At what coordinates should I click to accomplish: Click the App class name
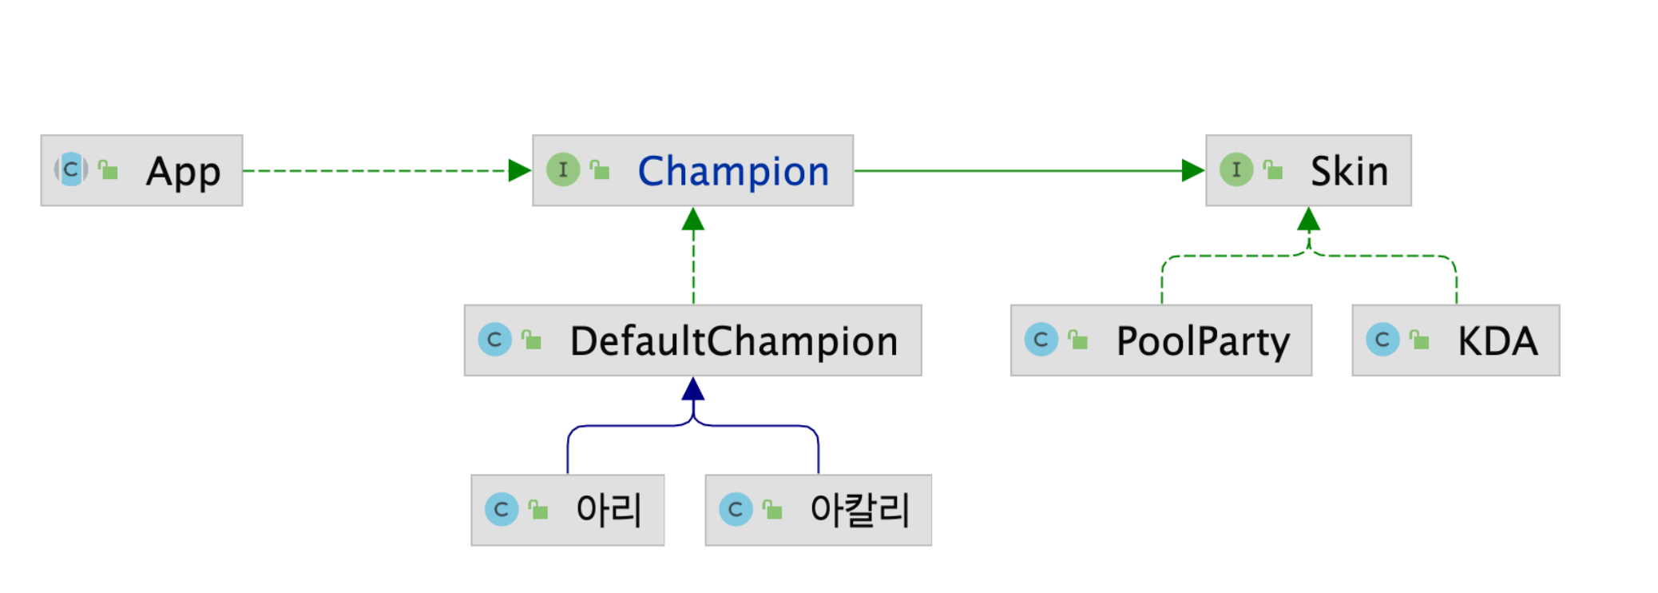pyautogui.click(x=183, y=172)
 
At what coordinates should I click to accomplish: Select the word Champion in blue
pyautogui.click(x=733, y=172)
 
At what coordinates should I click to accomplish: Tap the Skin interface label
pyautogui.click(x=1349, y=172)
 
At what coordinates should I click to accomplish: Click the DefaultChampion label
pyautogui.click(x=733, y=341)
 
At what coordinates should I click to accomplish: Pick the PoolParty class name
pyautogui.click(x=1203, y=341)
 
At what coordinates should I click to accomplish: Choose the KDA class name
pyautogui.click(x=1497, y=341)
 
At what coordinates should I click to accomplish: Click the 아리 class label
pyautogui.click(x=609, y=510)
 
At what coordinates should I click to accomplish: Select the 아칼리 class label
pyautogui.click(x=859, y=510)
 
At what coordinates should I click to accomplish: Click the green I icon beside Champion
pyautogui.click(x=563, y=170)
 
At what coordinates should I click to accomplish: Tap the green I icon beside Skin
pyautogui.click(x=1236, y=170)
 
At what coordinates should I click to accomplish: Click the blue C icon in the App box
pyautogui.click(x=71, y=169)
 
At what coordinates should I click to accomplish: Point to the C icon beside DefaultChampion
pyautogui.click(x=494, y=340)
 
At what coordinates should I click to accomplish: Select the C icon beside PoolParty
pyautogui.click(x=1041, y=340)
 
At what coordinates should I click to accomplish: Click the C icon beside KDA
pyautogui.click(x=1382, y=340)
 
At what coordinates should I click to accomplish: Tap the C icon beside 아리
pyautogui.click(x=502, y=509)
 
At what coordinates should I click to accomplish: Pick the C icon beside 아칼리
pyautogui.click(x=736, y=509)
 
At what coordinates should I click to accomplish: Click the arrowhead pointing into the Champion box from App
pyautogui.click(x=519, y=170)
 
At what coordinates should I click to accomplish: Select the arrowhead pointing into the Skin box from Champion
pyautogui.click(x=1192, y=170)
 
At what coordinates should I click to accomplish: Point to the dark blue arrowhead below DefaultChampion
pyautogui.click(x=693, y=389)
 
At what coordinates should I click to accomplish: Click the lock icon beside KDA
pyautogui.click(x=1419, y=340)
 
